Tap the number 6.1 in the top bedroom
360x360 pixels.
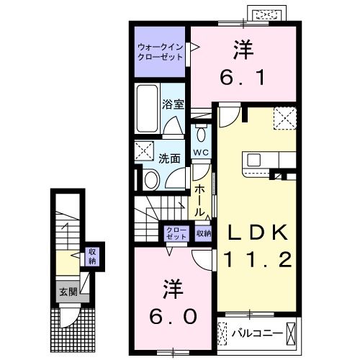(x=243, y=75)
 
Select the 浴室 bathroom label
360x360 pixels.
(x=175, y=104)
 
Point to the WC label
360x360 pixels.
(x=201, y=153)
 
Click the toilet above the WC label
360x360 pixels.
(x=201, y=134)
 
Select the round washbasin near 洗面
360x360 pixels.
(x=152, y=179)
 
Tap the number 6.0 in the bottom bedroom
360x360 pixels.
(x=172, y=317)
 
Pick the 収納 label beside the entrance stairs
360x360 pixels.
(x=91, y=256)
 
